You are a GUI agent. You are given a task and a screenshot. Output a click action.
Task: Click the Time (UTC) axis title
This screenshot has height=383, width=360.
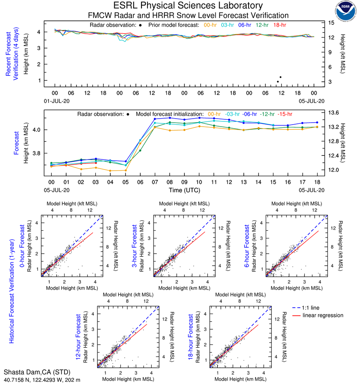click(184, 190)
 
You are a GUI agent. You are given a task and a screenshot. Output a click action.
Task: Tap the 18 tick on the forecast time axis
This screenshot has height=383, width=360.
click(317, 182)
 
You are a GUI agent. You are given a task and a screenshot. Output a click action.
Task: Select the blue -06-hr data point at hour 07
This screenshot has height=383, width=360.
click(155, 119)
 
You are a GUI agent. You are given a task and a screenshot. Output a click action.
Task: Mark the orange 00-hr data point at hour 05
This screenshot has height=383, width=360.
click(125, 170)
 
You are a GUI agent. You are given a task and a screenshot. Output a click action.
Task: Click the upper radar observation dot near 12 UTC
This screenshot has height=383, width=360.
click(280, 77)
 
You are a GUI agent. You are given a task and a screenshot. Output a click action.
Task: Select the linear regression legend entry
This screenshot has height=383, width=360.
click(323, 315)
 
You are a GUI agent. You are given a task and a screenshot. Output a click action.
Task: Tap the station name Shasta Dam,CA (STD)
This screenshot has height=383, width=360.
click(36, 372)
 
